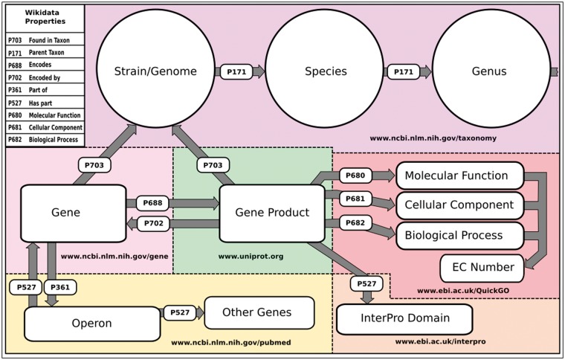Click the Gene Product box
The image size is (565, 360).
click(x=271, y=213)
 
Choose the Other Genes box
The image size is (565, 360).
click(x=258, y=312)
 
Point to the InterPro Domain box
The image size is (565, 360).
click(x=404, y=319)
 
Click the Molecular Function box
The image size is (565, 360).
click(x=462, y=176)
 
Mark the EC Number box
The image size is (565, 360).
click(x=482, y=266)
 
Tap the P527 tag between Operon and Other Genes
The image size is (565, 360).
click(x=179, y=313)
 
